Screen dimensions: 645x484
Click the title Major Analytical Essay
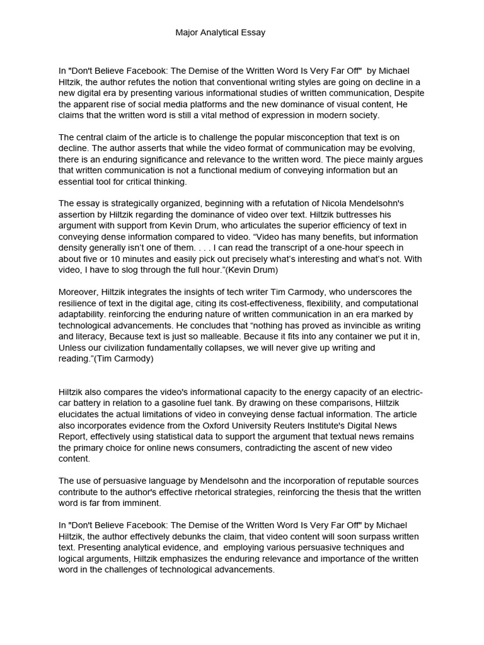[x=220, y=33]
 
